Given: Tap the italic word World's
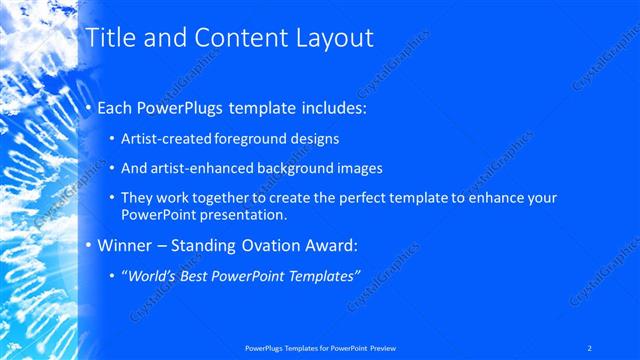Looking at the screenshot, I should coord(150,275).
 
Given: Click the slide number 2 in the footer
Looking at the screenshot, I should coord(590,347).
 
